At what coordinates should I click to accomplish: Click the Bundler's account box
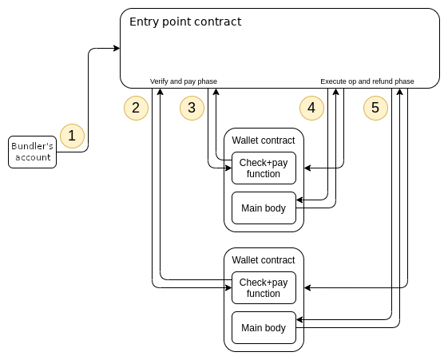point(32,152)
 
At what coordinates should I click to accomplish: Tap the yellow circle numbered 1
point(73,136)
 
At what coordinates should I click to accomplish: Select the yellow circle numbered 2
point(136,108)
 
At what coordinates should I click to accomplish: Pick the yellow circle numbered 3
point(192,108)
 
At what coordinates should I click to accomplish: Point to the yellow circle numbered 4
point(311,108)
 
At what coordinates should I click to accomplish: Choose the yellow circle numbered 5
point(375,108)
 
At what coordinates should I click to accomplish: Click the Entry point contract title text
point(185,22)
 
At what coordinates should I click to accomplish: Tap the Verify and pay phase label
point(184,81)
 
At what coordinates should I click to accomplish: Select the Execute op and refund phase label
point(367,81)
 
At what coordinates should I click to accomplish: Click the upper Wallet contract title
point(264,140)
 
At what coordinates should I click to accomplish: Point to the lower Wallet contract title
point(264,260)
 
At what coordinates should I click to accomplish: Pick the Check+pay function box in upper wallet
point(264,168)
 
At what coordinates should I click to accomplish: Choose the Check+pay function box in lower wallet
point(264,288)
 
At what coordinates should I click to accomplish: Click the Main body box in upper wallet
point(264,208)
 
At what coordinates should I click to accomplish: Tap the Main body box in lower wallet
point(264,328)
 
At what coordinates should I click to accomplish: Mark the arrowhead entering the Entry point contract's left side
point(117,48)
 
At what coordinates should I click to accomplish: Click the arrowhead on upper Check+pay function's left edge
point(228,168)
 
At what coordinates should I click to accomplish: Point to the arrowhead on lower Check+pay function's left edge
point(228,288)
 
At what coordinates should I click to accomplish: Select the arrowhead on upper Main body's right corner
point(299,200)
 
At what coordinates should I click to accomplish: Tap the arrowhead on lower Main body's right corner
point(299,320)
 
